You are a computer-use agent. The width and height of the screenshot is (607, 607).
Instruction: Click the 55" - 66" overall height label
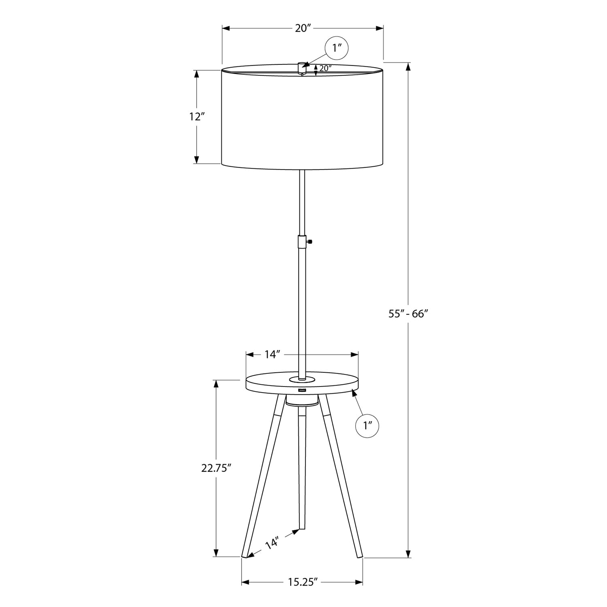point(408,314)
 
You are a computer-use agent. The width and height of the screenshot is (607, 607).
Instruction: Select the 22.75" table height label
point(216,468)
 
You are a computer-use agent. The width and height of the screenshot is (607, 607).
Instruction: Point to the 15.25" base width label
point(302,582)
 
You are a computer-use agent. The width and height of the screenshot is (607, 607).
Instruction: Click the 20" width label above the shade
point(303,28)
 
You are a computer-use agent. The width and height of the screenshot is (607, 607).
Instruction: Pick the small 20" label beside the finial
point(325,68)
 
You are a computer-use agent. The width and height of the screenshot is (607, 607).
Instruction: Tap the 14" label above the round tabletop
point(273,354)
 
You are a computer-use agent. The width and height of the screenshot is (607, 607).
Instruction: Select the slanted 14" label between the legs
point(272,543)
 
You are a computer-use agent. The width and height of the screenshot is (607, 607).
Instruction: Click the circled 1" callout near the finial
point(337,49)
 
